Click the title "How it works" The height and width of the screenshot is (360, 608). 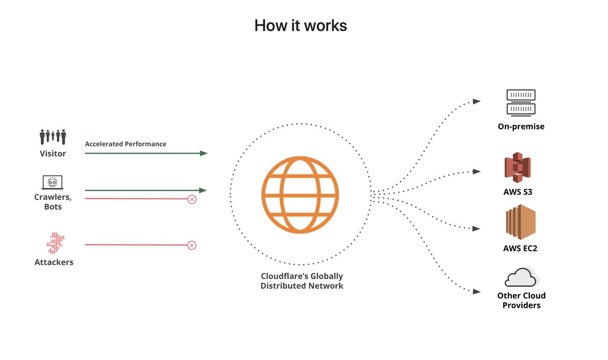[x=300, y=25]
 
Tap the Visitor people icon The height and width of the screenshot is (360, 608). [x=53, y=137]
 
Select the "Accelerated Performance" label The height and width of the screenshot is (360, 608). [x=126, y=144]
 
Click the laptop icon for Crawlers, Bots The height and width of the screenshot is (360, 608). [x=53, y=183]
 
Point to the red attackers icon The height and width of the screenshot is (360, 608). [x=53, y=243]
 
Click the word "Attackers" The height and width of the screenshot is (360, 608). [x=54, y=262]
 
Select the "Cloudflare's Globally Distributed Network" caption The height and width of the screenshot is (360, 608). [x=302, y=281]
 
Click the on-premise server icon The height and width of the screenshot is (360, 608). [x=521, y=102]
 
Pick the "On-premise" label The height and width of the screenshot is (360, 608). [x=521, y=126]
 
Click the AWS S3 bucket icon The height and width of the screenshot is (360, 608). [x=517, y=168]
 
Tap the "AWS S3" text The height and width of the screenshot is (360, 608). [x=518, y=192]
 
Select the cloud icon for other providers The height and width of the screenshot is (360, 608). [x=522, y=277]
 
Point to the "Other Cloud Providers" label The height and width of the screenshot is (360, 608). [x=521, y=300]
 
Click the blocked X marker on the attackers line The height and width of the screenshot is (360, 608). [x=192, y=245]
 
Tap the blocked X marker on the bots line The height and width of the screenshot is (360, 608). [x=192, y=199]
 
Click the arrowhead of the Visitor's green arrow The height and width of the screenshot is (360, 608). [x=204, y=153]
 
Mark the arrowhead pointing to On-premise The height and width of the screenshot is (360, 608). [x=477, y=101]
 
